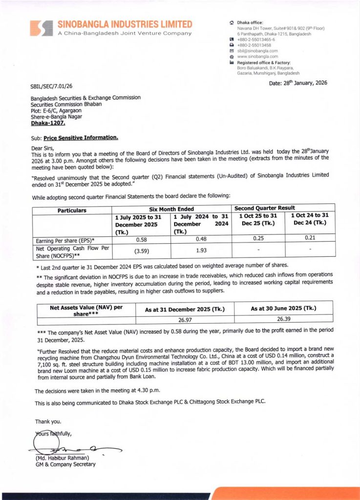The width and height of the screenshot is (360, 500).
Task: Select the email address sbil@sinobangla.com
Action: pyautogui.click(x=257, y=51)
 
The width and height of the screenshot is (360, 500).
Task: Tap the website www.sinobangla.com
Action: pyautogui.click(x=257, y=57)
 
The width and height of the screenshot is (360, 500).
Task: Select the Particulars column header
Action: pyautogui.click(x=72, y=210)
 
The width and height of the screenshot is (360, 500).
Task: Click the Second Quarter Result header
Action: pyautogui.click(x=266, y=208)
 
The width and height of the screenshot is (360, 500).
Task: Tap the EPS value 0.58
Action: pyautogui.click(x=140, y=240)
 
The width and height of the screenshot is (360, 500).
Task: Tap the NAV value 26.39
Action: pyautogui.click(x=283, y=319)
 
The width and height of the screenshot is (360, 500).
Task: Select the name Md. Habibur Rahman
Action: pyautogui.click(x=62, y=458)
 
